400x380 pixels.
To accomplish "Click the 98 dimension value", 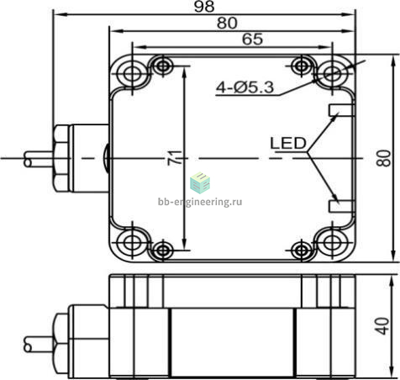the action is (x=204, y=7).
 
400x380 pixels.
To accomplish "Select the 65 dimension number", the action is (x=252, y=40).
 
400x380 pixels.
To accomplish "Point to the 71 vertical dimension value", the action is (x=174, y=158).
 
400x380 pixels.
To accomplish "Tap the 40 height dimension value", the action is (x=382, y=326).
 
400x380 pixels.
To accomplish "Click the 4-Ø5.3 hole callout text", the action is (x=245, y=87).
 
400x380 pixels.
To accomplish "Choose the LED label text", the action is (x=288, y=143).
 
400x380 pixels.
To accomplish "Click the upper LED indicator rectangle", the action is (x=341, y=110).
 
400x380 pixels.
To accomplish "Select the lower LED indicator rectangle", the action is (x=341, y=206).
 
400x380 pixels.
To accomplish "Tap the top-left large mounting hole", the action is (x=132, y=73).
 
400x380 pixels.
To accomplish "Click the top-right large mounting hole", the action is (x=332, y=73).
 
